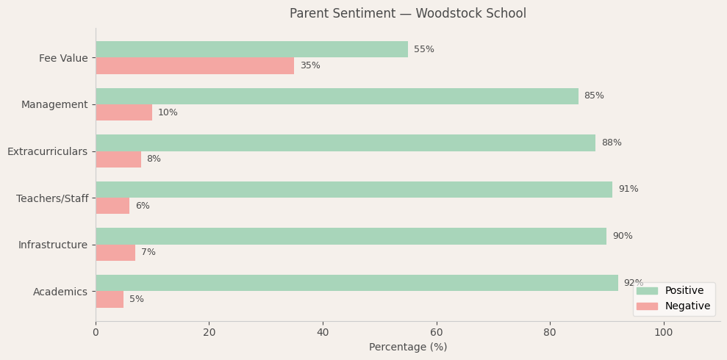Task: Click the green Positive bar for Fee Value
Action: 251,49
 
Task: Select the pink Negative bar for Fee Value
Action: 195,66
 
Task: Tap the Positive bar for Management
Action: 337,96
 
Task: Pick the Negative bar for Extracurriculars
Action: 118,159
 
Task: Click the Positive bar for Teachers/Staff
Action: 354,190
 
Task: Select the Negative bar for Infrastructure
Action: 115,253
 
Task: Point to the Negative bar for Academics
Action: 110,300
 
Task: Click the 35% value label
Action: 310,66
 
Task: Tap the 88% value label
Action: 611,143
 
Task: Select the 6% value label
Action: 143,206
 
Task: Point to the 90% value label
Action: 622,237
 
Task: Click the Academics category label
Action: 60,292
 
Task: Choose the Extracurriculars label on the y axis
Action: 47,152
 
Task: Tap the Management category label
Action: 54,105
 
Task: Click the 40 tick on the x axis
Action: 323,333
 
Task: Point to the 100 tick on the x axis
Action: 663,333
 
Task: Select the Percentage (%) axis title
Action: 408,348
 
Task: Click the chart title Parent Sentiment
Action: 408,14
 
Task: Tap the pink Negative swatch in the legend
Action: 647,306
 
